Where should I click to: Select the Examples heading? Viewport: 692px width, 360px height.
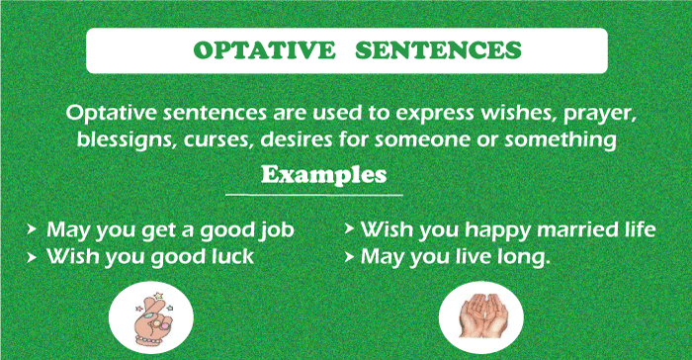(323, 175)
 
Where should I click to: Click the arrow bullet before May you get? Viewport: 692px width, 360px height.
(34, 230)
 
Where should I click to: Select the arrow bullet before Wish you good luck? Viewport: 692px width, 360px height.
(34, 257)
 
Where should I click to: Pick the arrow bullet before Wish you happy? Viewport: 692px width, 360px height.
(349, 229)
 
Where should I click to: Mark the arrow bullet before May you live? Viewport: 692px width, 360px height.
(349, 256)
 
